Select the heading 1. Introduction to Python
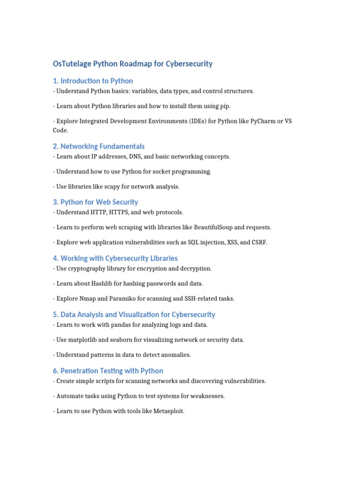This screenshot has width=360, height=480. (x=93, y=81)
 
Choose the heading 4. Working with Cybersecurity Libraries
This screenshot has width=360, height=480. (x=115, y=258)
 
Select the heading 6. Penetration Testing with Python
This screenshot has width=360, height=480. (x=108, y=371)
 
